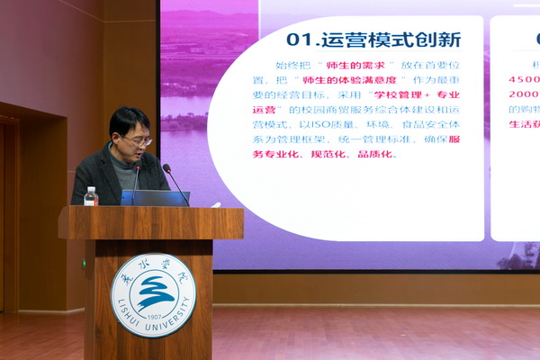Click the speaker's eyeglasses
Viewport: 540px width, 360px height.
point(138,140)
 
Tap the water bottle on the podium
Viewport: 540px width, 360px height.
point(90,196)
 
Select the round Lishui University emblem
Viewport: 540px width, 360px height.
point(152,294)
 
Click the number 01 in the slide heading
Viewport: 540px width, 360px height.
point(300,40)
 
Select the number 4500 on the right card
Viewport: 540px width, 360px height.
point(524,79)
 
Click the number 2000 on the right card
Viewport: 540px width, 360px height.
point(524,94)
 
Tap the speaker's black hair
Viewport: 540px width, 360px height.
point(128,118)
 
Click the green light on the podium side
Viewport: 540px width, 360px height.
point(83,263)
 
